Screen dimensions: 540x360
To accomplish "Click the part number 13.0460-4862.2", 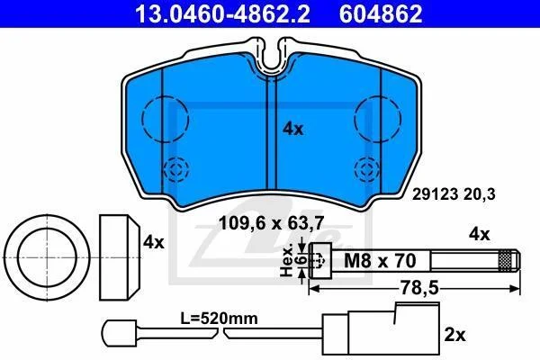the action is click(222, 14).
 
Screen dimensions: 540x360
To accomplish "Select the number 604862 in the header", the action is click(381, 14).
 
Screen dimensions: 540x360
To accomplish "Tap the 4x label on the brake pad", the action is click(292, 130).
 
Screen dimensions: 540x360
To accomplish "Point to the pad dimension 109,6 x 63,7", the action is click(272, 224).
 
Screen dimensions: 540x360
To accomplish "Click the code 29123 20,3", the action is click(454, 194).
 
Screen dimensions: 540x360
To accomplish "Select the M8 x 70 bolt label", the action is click(380, 261).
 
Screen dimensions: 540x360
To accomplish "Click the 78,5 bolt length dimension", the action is click(419, 288).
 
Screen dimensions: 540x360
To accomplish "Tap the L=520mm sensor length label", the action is click(219, 319).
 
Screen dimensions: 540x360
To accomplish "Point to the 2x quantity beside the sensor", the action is click(454, 335).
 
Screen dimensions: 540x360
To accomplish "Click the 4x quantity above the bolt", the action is click(479, 234).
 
